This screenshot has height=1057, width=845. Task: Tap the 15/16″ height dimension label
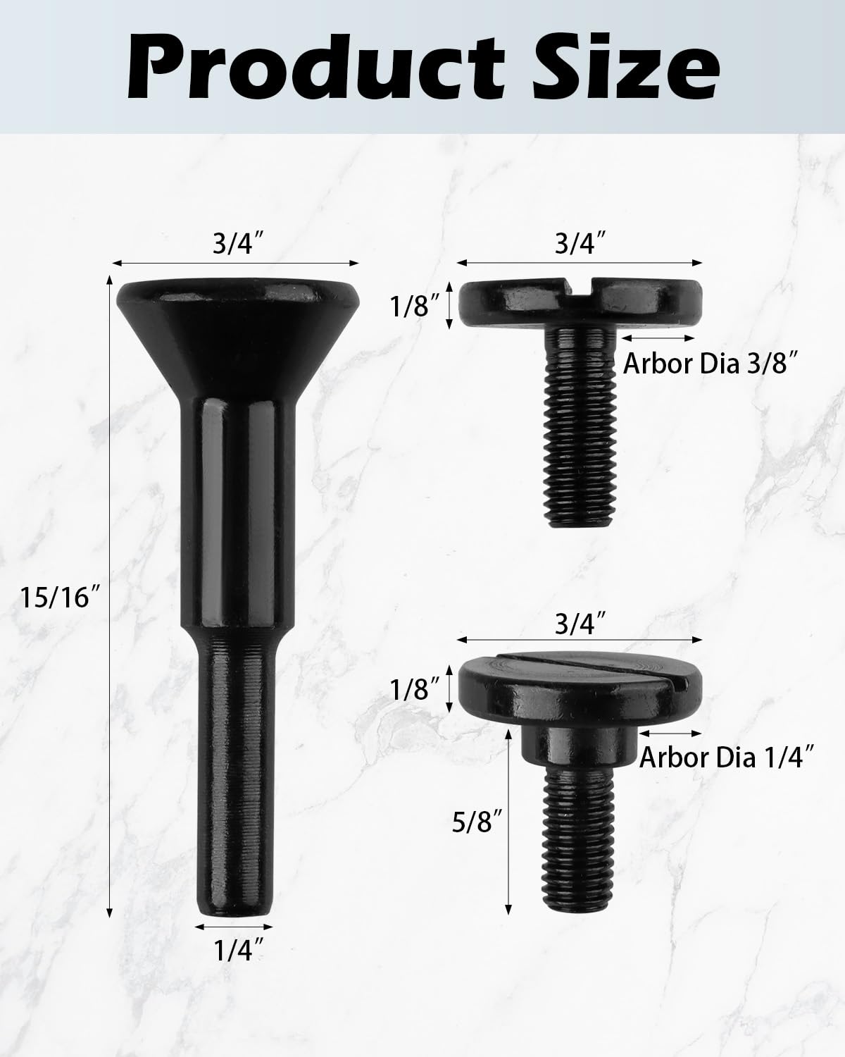coord(57,598)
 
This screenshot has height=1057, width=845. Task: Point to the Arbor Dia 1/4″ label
coord(727,758)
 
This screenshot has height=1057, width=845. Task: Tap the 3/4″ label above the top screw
coord(580,245)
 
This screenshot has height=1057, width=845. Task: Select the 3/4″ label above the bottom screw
coord(580,623)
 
